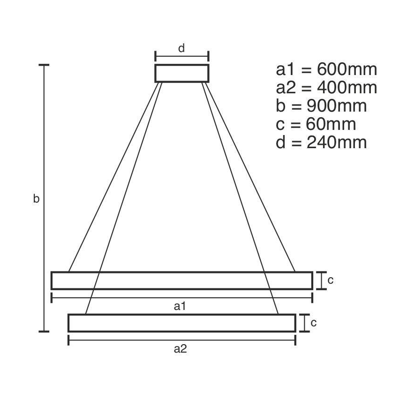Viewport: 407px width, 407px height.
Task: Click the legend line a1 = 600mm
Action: [x=326, y=69]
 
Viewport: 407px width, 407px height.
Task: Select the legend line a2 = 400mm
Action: [x=326, y=88]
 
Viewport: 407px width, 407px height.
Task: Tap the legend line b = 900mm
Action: [x=321, y=106]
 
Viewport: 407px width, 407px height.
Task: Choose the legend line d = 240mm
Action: [x=321, y=143]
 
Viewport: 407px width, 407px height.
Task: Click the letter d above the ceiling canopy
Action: [x=182, y=48]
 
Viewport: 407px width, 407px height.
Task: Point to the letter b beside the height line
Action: [x=36, y=199]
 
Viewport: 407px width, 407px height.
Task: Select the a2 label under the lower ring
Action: [x=181, y=349]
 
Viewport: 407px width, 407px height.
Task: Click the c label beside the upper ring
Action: [x=330, y=280]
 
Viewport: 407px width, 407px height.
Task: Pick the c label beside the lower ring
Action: [x=314, y=323]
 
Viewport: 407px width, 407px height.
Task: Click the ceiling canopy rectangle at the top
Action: [x=182, y=73]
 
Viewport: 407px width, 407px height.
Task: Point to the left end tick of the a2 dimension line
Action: [x=69, y=340]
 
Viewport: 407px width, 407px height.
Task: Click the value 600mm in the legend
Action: [x=347, y=69]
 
